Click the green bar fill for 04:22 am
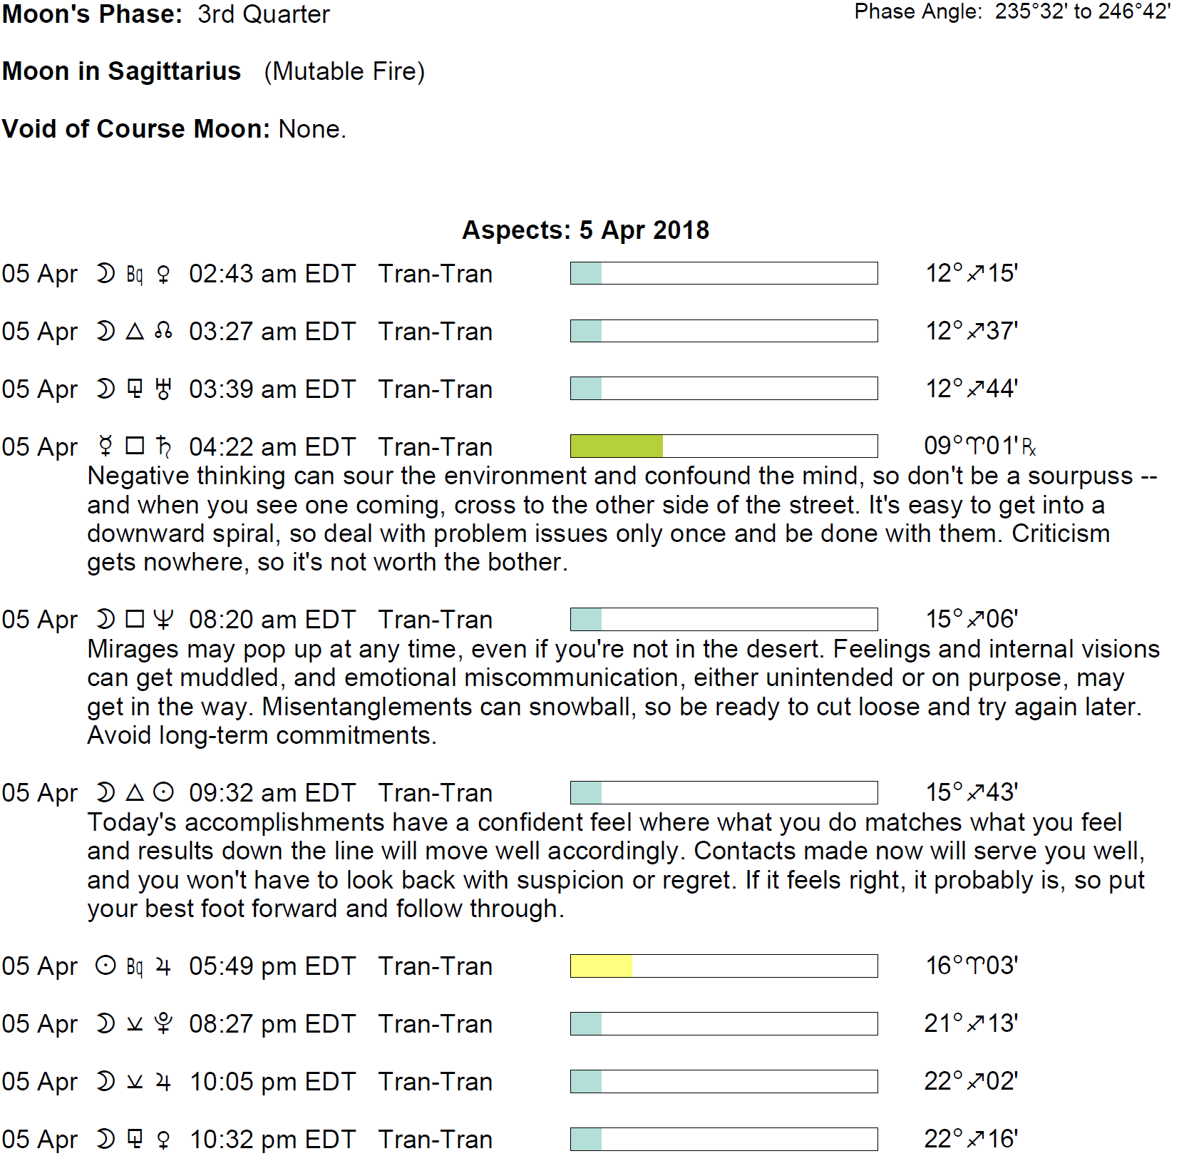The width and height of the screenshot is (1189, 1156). click(617, 446)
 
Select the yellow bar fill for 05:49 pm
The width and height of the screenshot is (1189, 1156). click(602, 966)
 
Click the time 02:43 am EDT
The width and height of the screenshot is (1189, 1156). click(272, 274)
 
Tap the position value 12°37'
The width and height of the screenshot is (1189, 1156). click(972, 331)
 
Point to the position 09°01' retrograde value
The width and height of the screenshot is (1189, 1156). click(979, 446)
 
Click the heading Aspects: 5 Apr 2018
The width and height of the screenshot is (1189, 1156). click(585, 230)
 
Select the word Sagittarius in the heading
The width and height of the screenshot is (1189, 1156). click(175, 71)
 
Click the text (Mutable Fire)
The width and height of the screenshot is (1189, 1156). click(344, 71)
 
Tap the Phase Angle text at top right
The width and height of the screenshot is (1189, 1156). click(1012, 12)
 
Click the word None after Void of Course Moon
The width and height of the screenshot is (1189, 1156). click(311, 129)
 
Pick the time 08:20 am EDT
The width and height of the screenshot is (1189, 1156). click(272, 620)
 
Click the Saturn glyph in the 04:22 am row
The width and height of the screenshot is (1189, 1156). click(164, 447)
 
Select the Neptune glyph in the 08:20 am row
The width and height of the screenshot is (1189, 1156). click(163, 620)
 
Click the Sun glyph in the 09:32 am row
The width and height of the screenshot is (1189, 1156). click(163, 793)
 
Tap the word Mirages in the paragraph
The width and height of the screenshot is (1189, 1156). click(133, 649)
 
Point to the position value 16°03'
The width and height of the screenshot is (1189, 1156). click(972, 966)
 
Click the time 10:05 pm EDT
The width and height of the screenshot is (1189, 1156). click(272, 1082)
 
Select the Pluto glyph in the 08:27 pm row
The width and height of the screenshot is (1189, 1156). click(163, 1024)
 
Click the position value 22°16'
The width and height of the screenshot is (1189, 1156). click(972, 1139)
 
